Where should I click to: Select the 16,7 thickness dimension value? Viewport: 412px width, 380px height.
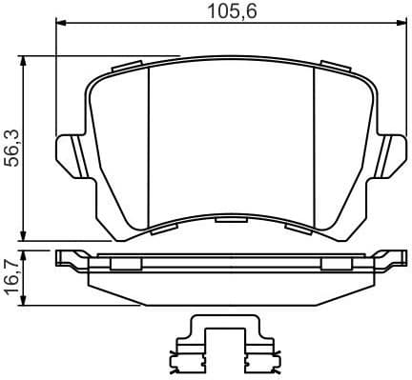point(12,277)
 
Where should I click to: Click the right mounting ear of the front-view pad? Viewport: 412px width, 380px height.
point(391,152)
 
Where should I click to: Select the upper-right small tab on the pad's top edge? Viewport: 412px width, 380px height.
point(334,67)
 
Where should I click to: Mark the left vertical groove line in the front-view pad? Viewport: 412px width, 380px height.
point(151,148)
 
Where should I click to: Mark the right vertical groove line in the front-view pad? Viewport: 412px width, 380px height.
point(315,148)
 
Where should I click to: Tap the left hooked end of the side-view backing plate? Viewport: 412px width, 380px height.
point(65,256)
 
